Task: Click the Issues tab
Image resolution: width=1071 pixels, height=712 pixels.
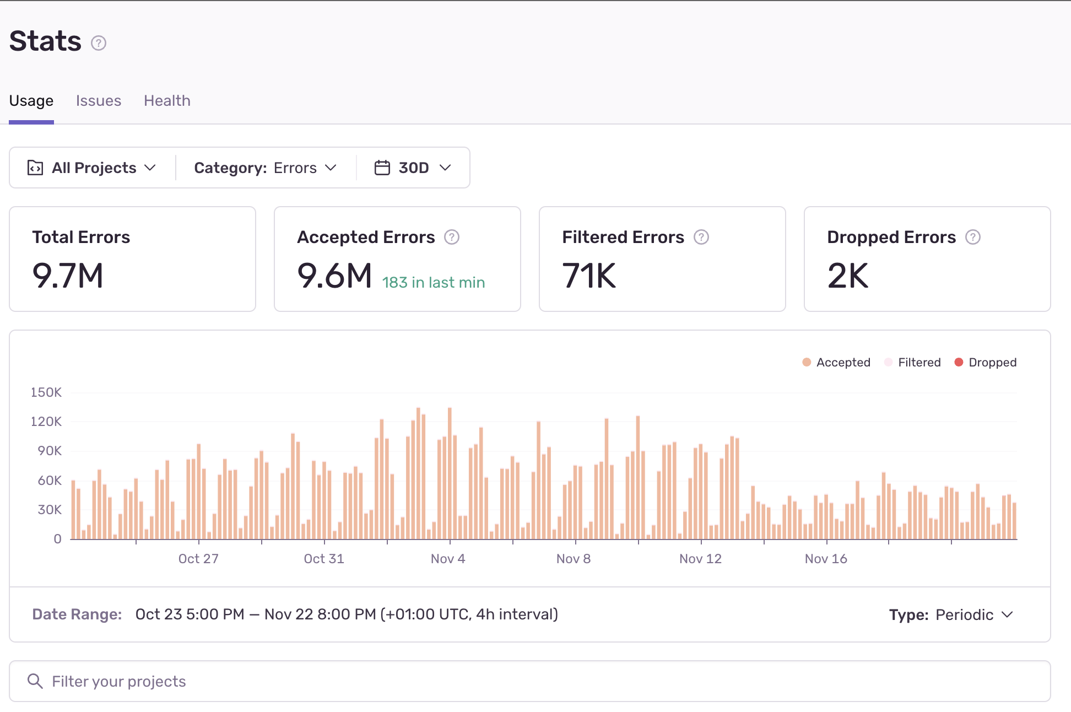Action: point(98,101)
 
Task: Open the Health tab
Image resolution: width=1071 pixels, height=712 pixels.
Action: point(167,101)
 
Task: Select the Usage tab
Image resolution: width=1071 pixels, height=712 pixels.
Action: point(31,101)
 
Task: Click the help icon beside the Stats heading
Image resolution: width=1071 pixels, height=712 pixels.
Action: point(99,43)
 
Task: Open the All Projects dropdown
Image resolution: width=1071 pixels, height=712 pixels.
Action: point(92,168)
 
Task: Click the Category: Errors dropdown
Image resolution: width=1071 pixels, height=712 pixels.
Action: point(265,168)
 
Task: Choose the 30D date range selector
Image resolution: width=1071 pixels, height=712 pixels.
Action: point(413,168)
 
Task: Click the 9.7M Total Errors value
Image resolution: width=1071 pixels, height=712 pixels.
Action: point(68,276)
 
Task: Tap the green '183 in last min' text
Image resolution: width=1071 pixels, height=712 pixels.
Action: point(433,283)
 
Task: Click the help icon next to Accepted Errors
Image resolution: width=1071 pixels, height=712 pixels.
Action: point(452,237)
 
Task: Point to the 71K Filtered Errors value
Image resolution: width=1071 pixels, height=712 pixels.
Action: point(589,276)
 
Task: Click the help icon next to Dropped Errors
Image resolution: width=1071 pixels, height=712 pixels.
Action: point(973,237)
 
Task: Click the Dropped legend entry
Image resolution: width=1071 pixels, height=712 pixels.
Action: point(986,363)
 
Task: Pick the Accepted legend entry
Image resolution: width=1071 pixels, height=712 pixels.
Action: point(836,363)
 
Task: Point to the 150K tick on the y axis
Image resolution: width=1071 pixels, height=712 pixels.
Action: point(46,392)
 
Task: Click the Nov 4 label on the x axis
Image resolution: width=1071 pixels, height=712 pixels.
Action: point(448,559)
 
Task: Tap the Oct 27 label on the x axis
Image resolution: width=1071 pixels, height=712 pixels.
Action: point(198,559)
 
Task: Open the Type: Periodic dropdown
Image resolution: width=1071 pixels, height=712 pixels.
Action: point(951,615)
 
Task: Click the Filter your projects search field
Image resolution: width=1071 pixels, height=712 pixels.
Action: point(529,682)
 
